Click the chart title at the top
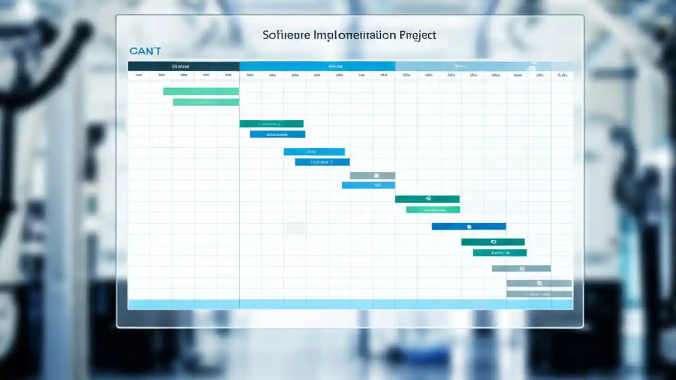(350, 35)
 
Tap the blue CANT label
(145, 51)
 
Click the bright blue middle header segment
(317, 66)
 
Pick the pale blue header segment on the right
(483, 66)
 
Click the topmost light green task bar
(201, 91)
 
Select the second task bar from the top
(206, 102)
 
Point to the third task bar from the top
(271, 124)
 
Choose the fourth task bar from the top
(277, 135)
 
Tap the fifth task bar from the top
(314, 152)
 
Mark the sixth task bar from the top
(322, 162)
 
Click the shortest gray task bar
(372, 176)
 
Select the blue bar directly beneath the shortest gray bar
(368, 185)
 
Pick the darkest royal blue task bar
(468, 226)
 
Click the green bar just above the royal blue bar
(433, 210)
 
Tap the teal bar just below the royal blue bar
(493, 242)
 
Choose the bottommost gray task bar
(539, 294)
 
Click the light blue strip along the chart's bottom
(350, 305)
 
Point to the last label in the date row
(562, 75)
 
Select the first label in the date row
(138, 75)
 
